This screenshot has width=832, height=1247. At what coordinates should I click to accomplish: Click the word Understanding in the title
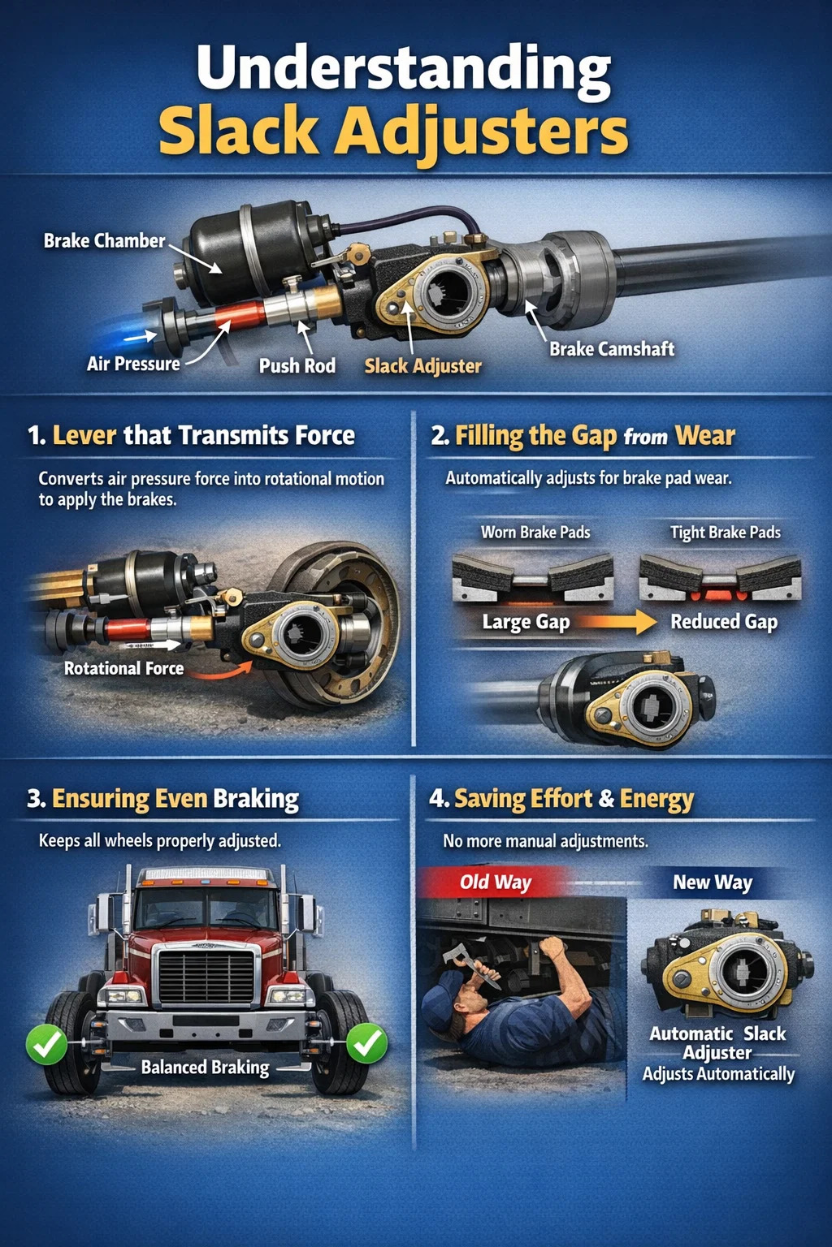pos(404,74)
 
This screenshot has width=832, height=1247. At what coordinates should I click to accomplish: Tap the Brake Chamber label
pos(104,241)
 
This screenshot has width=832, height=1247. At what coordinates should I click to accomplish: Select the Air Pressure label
pos(133,364)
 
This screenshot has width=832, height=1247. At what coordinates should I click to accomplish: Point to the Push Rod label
pos(297,366)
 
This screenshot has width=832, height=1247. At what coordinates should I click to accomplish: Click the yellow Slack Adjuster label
pos(423,366)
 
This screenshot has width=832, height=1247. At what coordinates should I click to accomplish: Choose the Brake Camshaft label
pos(612,349)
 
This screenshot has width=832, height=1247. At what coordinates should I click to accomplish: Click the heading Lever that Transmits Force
pos(203,435)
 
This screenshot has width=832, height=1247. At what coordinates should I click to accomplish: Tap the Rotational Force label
pos(123,668)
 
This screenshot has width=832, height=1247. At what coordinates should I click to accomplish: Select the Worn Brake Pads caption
pos(535,533)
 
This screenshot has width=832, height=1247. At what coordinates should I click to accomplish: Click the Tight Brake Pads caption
pos(725,533)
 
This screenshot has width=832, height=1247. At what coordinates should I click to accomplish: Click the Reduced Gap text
pos(724,622)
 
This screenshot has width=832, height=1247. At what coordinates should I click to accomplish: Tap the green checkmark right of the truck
pos(366,1042)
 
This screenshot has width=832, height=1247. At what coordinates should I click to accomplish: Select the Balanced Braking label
pos(205,1068)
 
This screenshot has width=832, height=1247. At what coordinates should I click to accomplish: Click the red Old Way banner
pos(495,882)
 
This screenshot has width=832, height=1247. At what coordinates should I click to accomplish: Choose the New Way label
pos(713,882)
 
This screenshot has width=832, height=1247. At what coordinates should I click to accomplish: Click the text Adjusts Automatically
pos(718,1074)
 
